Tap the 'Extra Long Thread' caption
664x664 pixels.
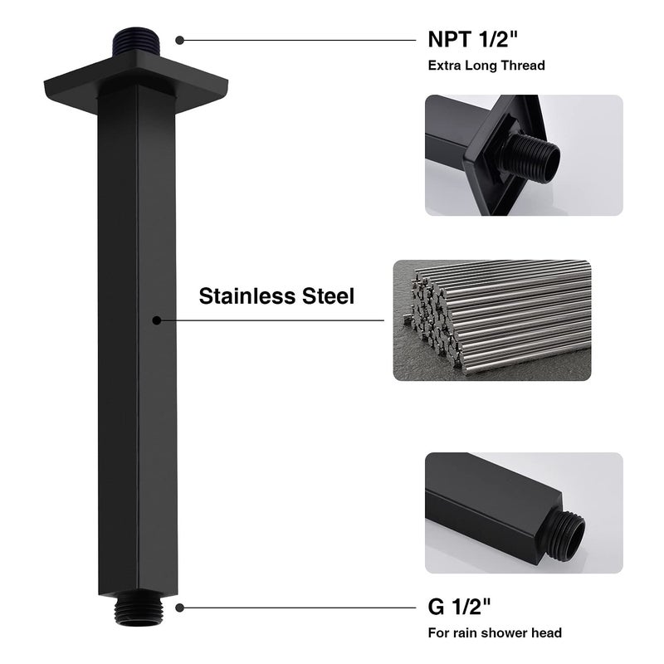486,65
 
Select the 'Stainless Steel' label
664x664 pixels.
276,296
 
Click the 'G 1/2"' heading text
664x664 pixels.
458,607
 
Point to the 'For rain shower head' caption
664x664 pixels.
495,632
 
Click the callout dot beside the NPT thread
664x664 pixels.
180,39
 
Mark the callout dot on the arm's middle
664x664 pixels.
156,320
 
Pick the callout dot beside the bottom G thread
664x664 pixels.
180,608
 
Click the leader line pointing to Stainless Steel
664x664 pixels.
274,320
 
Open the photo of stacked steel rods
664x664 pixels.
491,320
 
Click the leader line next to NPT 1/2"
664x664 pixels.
299,39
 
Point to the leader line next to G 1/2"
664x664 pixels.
299,608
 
